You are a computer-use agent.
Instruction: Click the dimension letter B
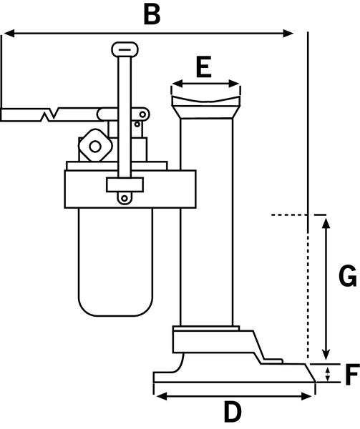tap(152, 14)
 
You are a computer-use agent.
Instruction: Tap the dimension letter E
tap(204, 66)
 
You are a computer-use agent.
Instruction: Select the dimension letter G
tap(347, 276)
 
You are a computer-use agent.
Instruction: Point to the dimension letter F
tap(352, 375)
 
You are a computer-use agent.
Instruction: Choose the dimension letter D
tap(233, 412)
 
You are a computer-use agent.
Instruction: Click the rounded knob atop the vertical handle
tap(125, 49)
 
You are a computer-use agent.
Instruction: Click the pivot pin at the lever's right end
tap(142, 114)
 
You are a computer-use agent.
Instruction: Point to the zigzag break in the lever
tap(50, 114)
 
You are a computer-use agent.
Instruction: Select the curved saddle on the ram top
tap(206, 101)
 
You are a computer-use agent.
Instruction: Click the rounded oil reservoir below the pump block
tap(115, 262)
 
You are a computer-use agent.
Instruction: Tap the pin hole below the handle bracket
tap(125, 198)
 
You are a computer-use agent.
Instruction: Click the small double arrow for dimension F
tap(327, 375)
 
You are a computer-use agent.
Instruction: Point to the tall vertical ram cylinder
tap(206, 222)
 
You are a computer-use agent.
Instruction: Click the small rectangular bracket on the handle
tap(125, 184)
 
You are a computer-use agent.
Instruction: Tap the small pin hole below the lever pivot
tap(137, 124)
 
